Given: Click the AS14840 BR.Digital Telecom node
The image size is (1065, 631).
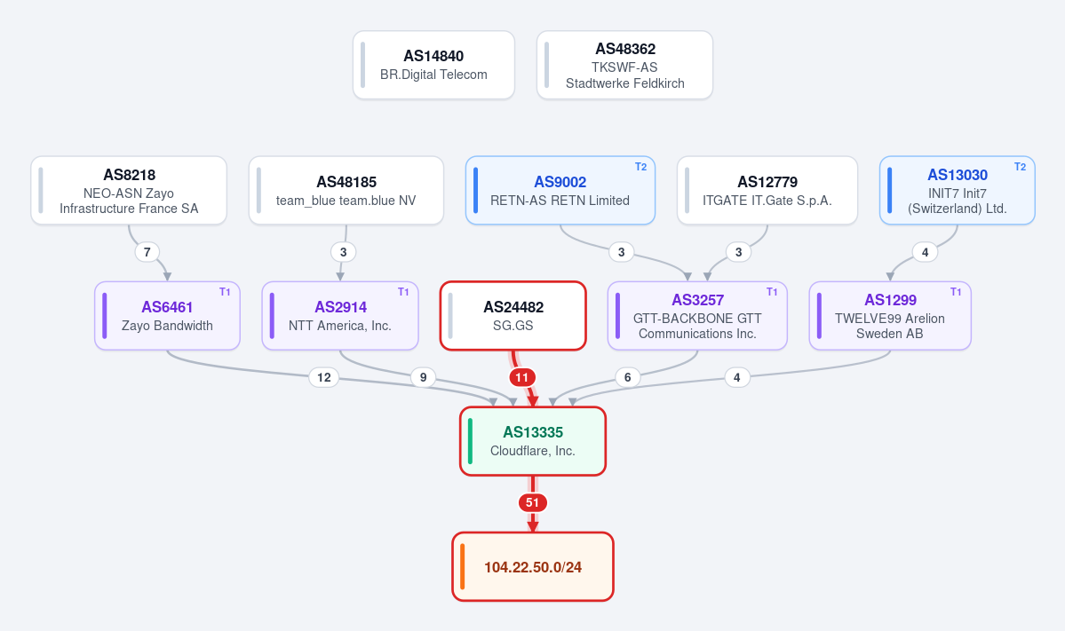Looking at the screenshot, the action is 434,65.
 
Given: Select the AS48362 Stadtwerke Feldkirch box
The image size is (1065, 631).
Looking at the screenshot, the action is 624,65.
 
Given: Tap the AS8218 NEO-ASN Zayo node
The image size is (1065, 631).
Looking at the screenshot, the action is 129,191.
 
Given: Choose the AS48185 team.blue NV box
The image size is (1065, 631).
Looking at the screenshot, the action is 346,191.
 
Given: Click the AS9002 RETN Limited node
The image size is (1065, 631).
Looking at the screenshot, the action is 560,191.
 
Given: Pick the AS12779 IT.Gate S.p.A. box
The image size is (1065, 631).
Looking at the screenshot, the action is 767,191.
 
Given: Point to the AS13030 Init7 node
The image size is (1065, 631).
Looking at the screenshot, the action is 958,191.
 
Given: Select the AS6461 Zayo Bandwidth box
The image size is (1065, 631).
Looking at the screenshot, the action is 167,316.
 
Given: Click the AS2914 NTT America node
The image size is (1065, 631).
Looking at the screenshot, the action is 340,316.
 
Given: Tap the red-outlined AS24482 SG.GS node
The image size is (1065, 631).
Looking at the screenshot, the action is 513,316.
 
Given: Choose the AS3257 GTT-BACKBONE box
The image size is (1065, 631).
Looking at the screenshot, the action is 697,316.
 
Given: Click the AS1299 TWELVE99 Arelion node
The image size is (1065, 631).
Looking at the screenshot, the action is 890,316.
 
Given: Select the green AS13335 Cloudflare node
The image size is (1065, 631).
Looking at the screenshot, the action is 533,442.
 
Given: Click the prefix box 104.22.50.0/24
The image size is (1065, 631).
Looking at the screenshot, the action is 533,567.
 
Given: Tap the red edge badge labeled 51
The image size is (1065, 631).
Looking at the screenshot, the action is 533,503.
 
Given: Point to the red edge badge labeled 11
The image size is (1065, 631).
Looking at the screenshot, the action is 521,377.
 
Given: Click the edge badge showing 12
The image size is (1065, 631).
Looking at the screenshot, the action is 324,377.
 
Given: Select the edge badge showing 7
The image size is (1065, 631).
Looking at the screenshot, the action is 147,252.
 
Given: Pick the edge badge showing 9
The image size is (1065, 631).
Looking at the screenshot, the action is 423,377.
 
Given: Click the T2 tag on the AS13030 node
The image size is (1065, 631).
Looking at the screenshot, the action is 1021,167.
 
